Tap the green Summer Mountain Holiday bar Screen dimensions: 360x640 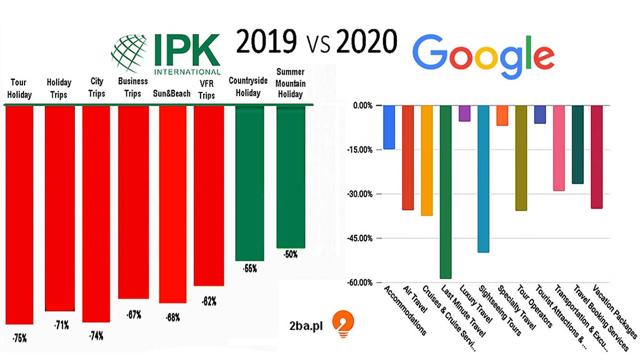pyautogui.click(x=291, y=177)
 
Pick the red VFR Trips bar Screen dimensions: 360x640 pyautogui.click(x=209, y=195)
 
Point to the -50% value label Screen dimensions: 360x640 pyautogui.click(x=291, y=255)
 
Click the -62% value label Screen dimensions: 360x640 pyautogui.click(x=209, y=301)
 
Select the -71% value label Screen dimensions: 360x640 pyautogui.click(x=61, y=324)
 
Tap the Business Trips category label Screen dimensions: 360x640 pyautogui.click(x=133, y=87)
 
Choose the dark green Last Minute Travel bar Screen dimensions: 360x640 pyautogui.click(x=445, y=191)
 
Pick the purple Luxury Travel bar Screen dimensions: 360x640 pyautogui.click(x=465, y=113)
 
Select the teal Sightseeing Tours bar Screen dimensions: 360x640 pyautogui.click(x=483, y=178)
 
